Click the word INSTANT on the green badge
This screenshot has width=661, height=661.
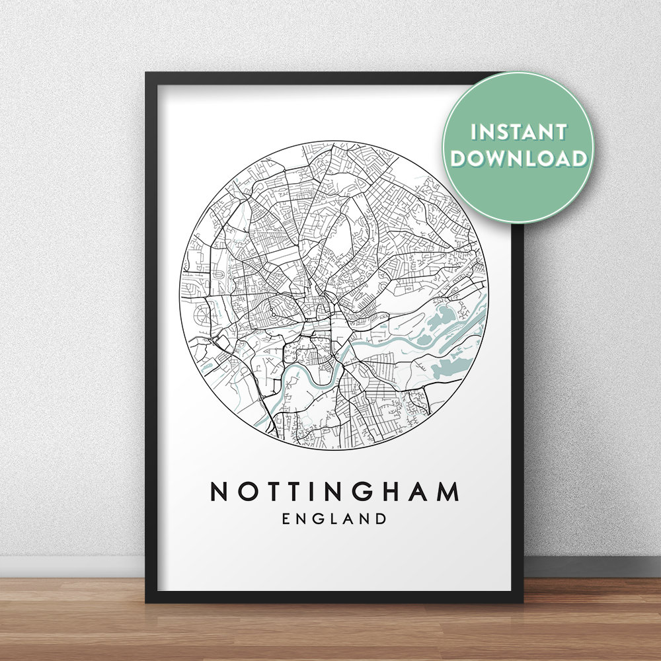point(518,132)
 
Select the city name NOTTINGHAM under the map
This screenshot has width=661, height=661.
point(334,492)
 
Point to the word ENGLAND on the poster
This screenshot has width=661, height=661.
point(334,519)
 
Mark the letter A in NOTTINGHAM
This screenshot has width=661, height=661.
point(421,492)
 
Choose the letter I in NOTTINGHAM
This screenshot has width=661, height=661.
point(317,492)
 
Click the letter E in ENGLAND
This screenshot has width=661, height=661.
point(286,519)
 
